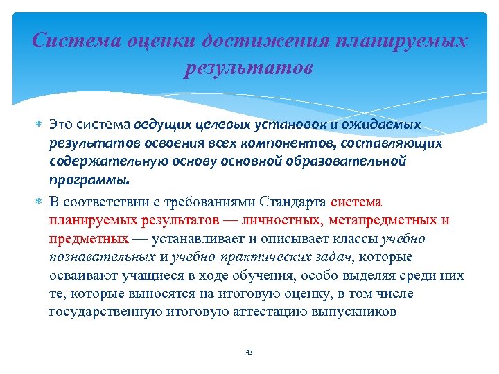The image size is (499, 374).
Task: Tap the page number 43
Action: click(249, 353)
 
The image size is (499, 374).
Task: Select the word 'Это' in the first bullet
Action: click(61, 125)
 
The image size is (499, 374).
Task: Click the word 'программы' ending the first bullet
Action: click(89, 179)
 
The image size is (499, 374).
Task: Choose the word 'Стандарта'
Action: click(294, 202)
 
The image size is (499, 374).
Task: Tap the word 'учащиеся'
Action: click(135, 275)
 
